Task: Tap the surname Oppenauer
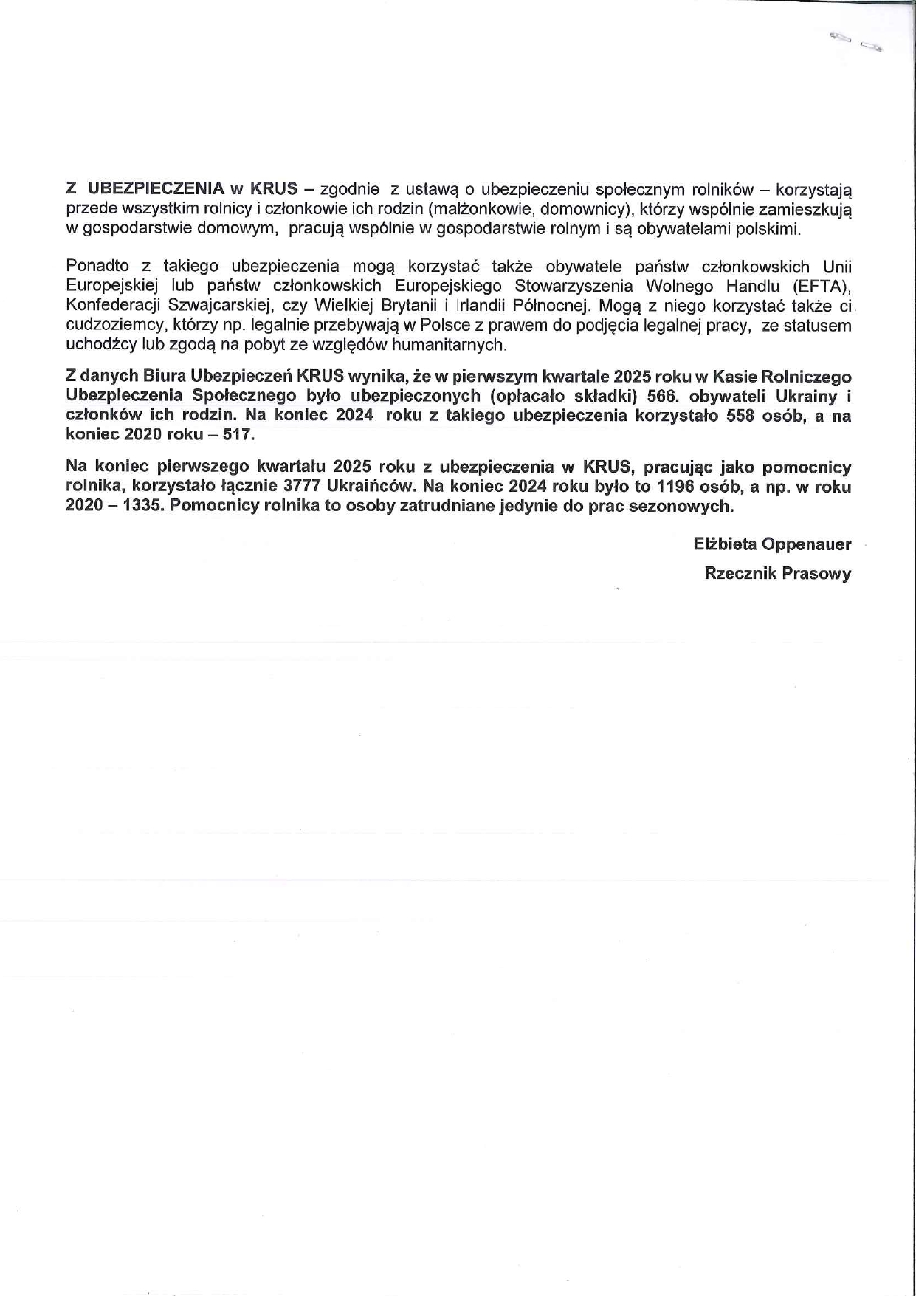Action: [807, 545]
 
